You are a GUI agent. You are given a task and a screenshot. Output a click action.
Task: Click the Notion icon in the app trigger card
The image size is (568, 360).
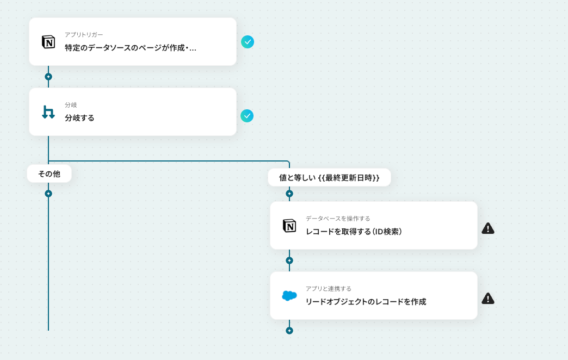pyautogui.click(x=48, y=42)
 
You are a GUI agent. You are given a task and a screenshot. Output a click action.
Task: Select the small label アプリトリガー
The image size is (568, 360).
pyautogui.click(x=84, y=35)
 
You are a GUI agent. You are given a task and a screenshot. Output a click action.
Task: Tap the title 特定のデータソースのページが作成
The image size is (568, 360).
pyautogui.click(x=131, y=48)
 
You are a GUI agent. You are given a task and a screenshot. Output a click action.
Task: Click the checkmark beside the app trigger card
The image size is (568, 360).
pyautogui.click(x=248, y=42)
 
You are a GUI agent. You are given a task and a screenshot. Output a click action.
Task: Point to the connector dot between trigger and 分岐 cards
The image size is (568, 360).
pyautogui.click(x=48, y=77)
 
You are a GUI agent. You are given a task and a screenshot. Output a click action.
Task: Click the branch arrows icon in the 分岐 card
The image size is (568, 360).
pyautogui.click(x=48, y=112)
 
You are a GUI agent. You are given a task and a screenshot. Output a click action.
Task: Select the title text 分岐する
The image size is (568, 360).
pyautogui.click(x=79, y=117)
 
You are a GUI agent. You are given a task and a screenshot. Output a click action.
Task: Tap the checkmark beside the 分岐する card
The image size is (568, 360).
pyautogui.click(x=247, y=116)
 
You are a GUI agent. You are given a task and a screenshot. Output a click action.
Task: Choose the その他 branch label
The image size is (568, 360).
pyautogui.click(x=49, y=174)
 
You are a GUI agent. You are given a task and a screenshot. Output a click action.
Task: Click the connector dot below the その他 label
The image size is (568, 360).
pyautogui.click(x=48, y=194)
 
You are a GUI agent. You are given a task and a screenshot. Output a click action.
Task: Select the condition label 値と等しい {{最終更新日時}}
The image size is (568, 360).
pyautogui.click(x=329, y=177)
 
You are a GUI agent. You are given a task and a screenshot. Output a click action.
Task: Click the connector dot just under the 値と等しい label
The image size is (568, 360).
pyautogui.click(x=289, y=194)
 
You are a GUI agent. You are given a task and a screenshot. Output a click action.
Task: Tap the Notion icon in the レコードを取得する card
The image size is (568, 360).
pyautogui.click(x=289, y=226)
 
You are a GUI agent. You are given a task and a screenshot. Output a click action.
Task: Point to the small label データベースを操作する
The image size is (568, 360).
pyautogui.click(x=338, y=219)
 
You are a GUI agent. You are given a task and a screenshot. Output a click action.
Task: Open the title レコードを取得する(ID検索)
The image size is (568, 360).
pyautogui.click(x=354, y=232)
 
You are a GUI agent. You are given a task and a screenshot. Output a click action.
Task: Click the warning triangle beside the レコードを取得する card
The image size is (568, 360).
pyautogui.click(x=488, y=228)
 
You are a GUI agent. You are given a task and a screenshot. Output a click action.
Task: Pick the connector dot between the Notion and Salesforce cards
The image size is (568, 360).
pyautogui.click(x=289, y=260)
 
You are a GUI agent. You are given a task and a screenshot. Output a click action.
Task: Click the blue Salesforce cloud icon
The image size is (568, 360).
pyautogui.click(x=289, y=296)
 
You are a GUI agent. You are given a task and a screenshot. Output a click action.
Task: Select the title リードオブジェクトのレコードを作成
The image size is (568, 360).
pyautogui.click(x=366, y=302)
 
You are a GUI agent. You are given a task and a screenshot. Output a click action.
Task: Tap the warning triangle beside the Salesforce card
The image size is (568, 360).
pyautogui.click(x=488, y=299)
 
